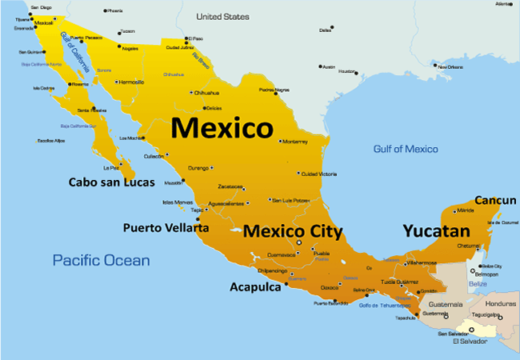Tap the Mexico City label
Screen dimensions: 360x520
[293, 232]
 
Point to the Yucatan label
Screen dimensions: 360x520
[435, 232]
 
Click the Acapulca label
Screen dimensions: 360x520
[255, 286]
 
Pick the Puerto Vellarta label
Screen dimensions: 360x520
[166, 228]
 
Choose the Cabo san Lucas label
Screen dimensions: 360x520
[111, 182]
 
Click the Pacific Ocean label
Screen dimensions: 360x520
[101, 260]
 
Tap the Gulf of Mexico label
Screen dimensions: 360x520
[406, 149]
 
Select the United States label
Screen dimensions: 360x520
[223, 16]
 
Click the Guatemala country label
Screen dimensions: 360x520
[446, 305]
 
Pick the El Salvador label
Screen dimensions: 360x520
[470, 342]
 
